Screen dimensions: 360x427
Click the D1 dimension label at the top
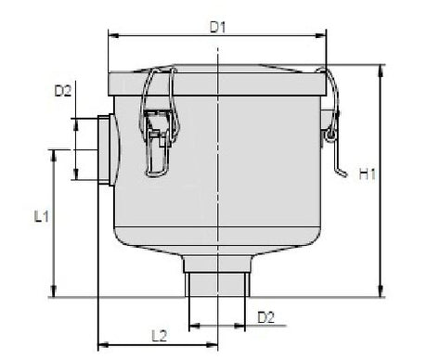(x=217, y=27)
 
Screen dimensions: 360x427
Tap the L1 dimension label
(x=42, y=217)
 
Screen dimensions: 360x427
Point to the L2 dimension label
(x=159, y=333)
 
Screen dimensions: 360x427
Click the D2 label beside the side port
(x=63, y=91)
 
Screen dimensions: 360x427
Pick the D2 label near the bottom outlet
(x=265, y=316)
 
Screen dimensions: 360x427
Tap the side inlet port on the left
(x=101, y=149)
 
